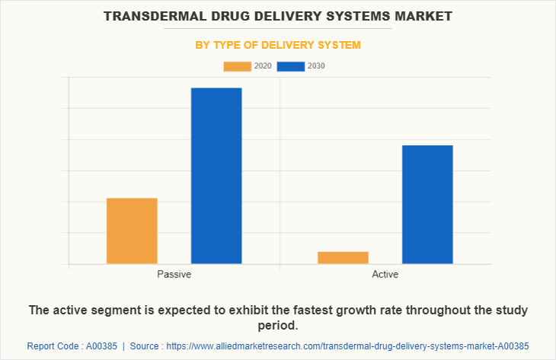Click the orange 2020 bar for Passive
(132, 231)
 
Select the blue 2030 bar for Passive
(216, 176)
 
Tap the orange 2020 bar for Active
(343, 257)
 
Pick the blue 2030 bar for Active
(427, 204)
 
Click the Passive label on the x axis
(174, 274)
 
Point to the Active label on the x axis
(385, 274)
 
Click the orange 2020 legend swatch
(237, 66)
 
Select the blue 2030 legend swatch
(291, 66)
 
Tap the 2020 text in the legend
(263, 66)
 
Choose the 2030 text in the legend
(316, 66)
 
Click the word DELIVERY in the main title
(272, 15)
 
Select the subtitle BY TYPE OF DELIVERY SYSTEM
(278, 45)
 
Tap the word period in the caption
(277, 326)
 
